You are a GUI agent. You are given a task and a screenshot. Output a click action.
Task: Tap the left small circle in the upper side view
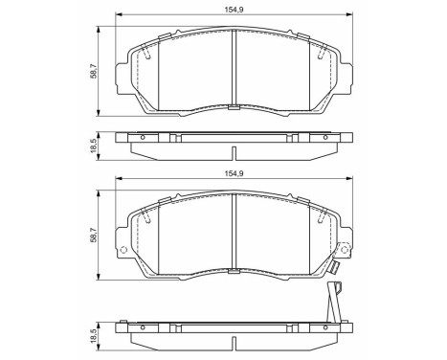[142, 138]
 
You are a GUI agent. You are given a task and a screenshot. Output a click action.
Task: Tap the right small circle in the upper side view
[326, 138]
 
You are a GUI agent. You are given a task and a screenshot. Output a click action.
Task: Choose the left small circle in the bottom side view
[142, 328]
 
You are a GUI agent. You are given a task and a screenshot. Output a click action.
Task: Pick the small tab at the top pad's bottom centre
[235, 108]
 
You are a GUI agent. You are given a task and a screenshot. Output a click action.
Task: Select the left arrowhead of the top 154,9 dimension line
[119, 15]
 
